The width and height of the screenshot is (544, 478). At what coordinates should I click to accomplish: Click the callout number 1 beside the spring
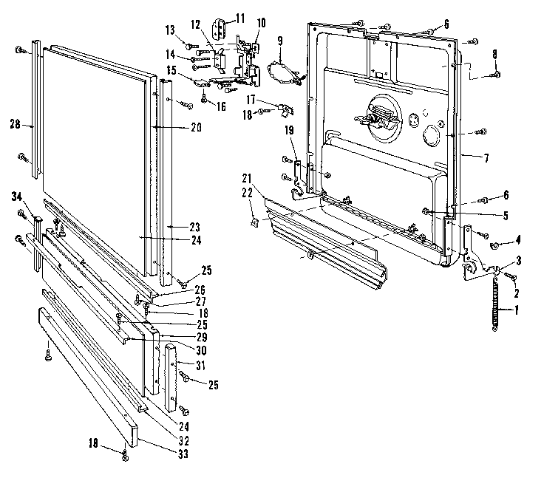(x=517, y=310)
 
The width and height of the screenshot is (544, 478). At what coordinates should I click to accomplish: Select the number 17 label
(x=252, y=98)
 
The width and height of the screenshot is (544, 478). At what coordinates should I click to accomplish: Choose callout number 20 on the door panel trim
(x=196, y=127)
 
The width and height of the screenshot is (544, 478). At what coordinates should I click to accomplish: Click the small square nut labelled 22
(x=254, y=219)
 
